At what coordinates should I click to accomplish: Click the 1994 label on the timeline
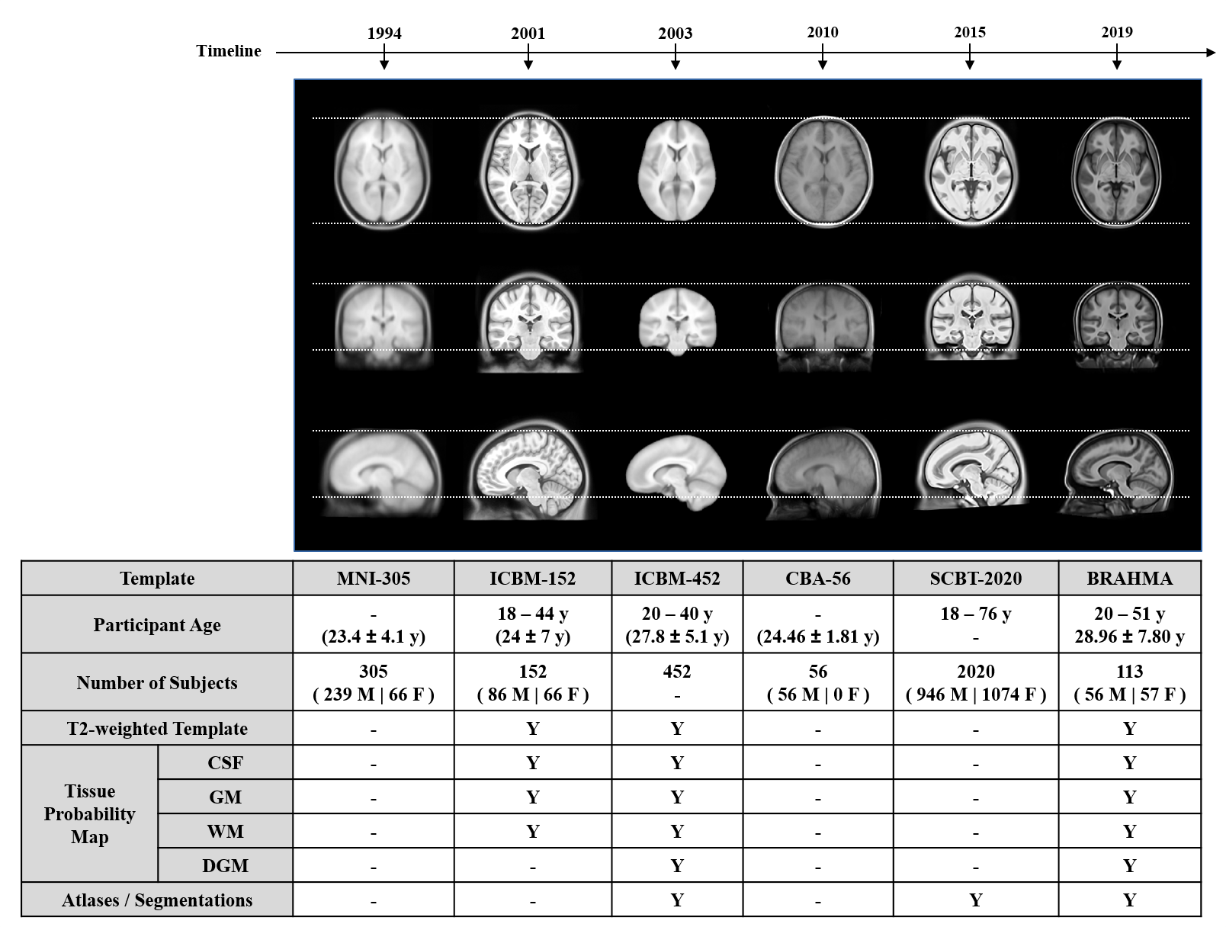click(384, 34)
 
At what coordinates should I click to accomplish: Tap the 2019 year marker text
click(1116, 32)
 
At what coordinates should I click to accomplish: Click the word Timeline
click(229, 51)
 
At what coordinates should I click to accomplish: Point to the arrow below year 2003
click(676, 57)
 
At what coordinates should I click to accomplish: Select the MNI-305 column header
click(373, 579)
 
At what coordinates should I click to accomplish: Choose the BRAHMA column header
click(1129, 579)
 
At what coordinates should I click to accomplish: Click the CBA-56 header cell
click(817, 579)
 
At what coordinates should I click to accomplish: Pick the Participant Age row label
click(157, 625)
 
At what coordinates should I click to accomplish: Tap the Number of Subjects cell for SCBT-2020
click(976, 682)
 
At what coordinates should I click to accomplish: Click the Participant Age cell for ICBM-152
click(533, 625)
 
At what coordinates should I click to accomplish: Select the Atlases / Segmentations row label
click(157, 900)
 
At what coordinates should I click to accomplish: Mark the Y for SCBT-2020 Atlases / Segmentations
click(976, 900)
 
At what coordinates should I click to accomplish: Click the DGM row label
click(225, 865)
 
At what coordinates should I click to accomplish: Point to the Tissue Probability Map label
click(89, 813)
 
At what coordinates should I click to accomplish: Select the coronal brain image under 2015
click(972, 316)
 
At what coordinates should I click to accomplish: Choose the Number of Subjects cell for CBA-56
click(817, 682)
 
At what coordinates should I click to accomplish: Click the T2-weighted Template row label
click(157, 728)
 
